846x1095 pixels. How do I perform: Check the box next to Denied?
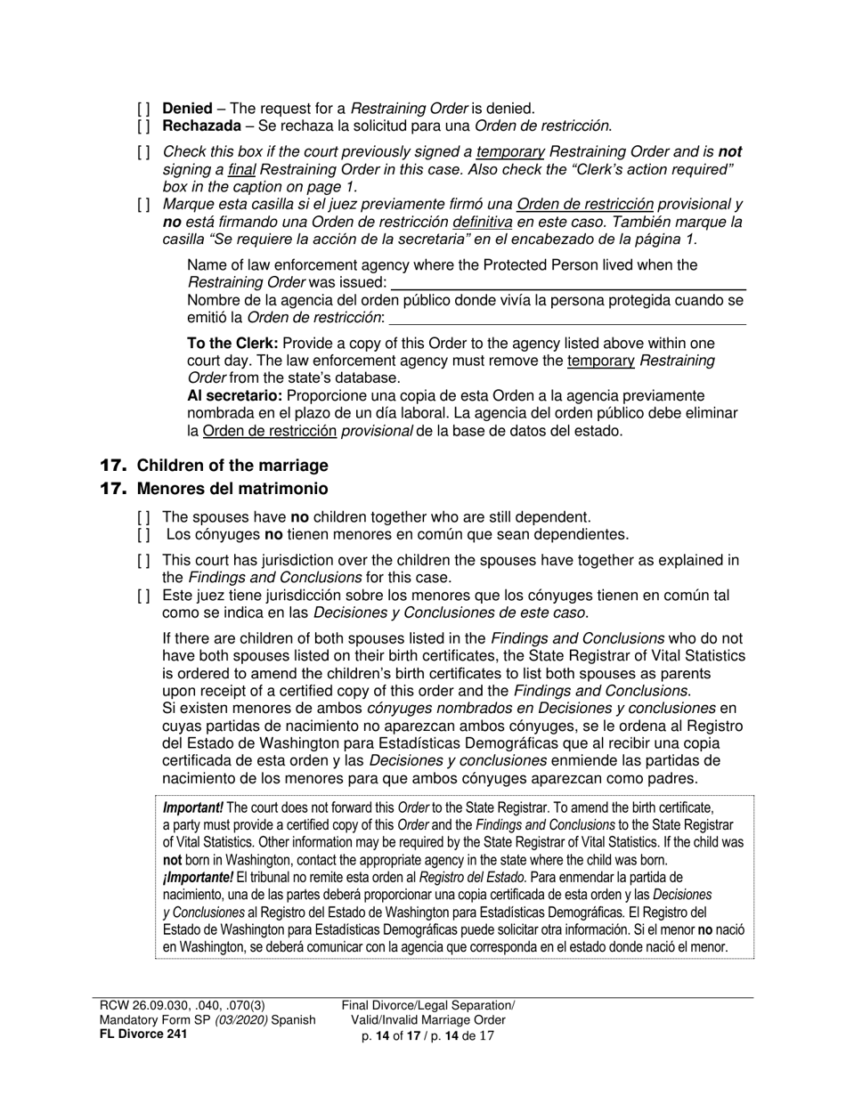tap(144, 109)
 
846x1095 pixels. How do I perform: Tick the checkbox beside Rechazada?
tap(144, 126)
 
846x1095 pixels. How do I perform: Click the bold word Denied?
tap(187, 109)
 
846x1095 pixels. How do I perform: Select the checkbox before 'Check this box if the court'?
tap(144, 152)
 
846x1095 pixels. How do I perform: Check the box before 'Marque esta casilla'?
tap(144, 205)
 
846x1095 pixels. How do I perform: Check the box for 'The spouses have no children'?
tap(144, 517)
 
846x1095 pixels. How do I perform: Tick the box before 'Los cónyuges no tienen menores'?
tap(144, 535)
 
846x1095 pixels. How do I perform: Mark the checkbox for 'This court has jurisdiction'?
tap(144, 561)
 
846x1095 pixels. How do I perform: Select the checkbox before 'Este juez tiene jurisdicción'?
tap(144, 596)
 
